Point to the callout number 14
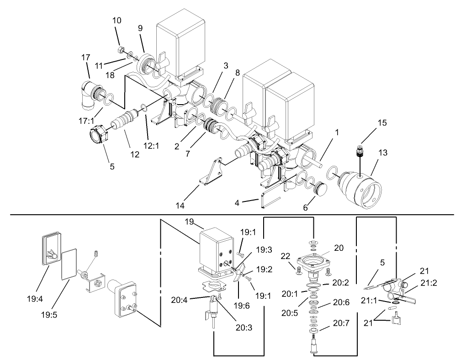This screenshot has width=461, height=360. click(x=180, y=206)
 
